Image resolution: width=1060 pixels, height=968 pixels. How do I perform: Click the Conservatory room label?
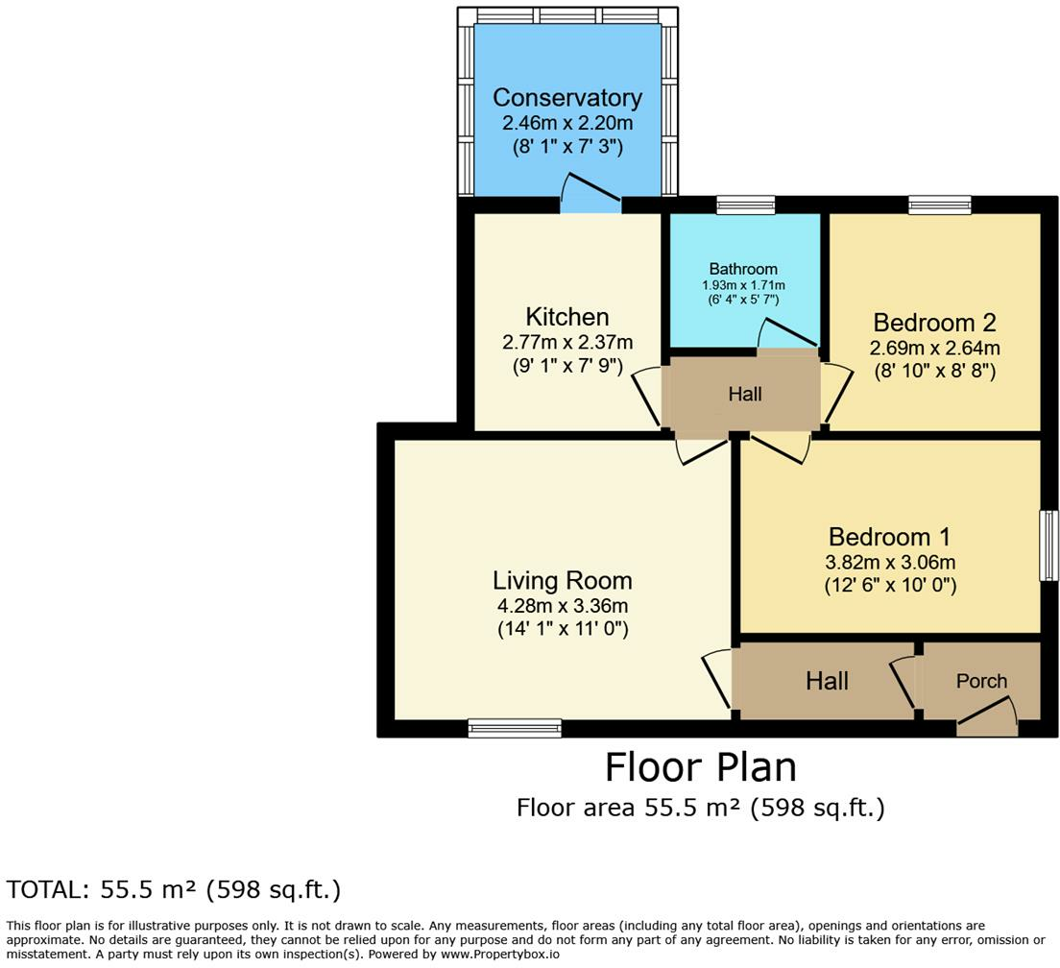(567, 97)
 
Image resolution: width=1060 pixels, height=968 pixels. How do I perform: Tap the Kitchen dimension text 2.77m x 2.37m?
(567, 342)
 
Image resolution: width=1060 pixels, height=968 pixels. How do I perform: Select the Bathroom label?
(743, 269)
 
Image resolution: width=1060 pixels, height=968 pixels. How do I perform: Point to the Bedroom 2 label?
(934, 323)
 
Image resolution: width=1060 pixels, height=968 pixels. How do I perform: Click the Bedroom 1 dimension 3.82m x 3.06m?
(890, 562)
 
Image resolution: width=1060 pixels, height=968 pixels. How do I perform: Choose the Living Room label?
(563, 581)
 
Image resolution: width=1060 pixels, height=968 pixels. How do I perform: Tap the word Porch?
(981, 681)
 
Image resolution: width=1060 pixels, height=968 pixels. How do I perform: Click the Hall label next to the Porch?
(827, 681)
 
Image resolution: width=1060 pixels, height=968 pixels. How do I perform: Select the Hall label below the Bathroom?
(745, 394)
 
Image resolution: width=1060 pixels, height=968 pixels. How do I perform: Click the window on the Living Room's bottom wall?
(515, 727)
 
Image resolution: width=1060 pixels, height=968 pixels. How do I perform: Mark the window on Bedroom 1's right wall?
(1048, 545)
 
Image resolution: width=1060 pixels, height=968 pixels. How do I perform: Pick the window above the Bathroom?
(746, 205)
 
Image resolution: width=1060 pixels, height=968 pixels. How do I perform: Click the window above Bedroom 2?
(940, 205)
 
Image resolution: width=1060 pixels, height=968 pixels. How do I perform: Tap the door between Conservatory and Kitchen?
(590, 194)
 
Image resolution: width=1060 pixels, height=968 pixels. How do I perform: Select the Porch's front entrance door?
(987, 716)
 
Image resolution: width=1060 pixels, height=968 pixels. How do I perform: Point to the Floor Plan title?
(700, 767)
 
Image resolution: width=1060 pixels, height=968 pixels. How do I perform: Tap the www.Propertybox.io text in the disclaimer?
(499, 955)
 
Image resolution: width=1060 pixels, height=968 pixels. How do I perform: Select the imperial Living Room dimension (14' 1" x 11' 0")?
(563, 629)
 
